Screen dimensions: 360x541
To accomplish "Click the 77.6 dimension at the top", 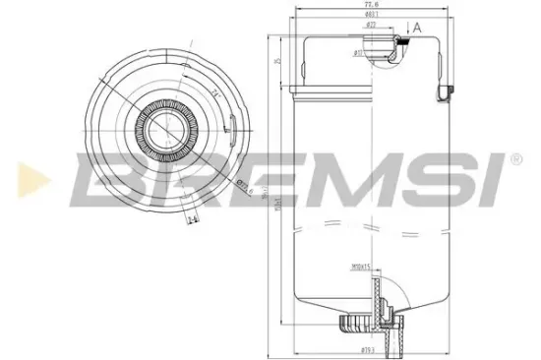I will coord(372,5).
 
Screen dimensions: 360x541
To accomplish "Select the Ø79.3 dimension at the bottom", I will coord(368,349).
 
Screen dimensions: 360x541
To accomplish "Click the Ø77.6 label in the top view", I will coord(244,186).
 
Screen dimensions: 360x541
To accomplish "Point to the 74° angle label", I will coord(212,92).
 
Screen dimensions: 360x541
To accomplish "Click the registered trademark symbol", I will coord(516,157).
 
